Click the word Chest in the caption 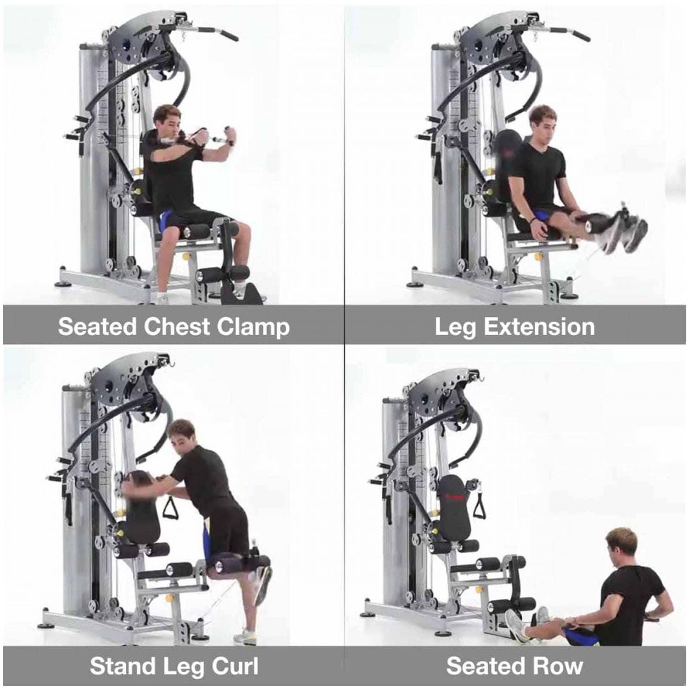(x=177, y=327)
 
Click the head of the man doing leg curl (x=180, y=436)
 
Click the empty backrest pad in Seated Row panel (x=456, y=508)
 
